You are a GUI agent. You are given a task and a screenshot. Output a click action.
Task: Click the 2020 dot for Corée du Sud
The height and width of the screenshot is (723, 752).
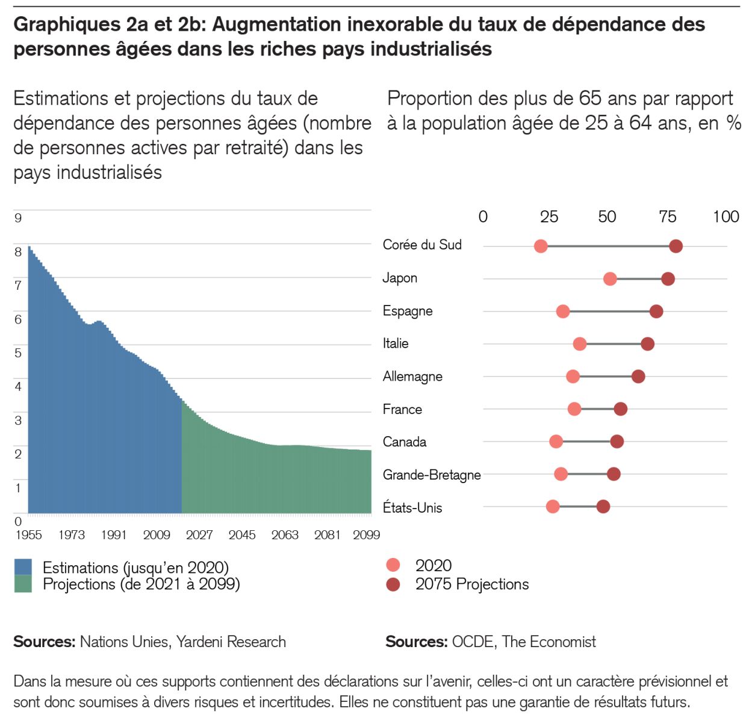(x=541, y=246)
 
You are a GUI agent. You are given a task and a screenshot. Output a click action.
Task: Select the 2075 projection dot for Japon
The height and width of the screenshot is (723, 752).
(x=668, y=279)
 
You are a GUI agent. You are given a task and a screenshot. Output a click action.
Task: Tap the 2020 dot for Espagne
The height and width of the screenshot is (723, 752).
(x=563, y=311)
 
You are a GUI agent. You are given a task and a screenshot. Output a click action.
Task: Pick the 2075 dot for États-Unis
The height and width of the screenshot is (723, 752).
(x=603, y=507)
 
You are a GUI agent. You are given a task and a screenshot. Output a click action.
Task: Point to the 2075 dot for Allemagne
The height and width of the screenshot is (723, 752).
(x=638, y=377)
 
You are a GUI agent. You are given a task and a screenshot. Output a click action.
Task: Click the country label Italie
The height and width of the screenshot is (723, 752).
(x=396, y=343)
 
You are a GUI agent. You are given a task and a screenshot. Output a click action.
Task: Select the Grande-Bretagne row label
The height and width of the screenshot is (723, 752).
(x=432, y=475)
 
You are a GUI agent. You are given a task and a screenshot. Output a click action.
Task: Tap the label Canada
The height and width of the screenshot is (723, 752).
(x=405, y=442)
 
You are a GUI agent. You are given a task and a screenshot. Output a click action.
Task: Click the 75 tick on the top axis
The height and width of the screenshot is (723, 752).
(x=667, y=217)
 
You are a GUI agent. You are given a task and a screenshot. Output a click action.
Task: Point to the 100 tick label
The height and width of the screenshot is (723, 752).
(x=726, y=217)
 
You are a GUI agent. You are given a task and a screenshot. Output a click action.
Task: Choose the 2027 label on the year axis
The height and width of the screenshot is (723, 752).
(x=199, y=535)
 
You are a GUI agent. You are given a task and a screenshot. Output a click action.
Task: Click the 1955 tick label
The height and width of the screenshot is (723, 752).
(x=28, y=535)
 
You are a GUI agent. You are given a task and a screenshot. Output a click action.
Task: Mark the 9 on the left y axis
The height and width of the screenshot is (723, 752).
(x=18, y=218)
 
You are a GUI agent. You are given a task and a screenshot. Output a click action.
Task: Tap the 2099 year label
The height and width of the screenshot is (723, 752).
(x=366, y=535)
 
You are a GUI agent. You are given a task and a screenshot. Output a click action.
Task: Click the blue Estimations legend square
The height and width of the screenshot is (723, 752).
(x=23, y=567)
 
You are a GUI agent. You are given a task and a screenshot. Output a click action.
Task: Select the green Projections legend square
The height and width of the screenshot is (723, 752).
(x=23, y=584)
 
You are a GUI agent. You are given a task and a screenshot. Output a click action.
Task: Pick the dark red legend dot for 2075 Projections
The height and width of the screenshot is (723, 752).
(x=393, y=584)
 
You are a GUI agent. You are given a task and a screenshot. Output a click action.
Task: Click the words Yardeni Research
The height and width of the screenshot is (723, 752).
(x=231, y=642)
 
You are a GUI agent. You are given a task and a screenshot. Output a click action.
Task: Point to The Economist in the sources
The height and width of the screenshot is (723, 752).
(x=548, y=642)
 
